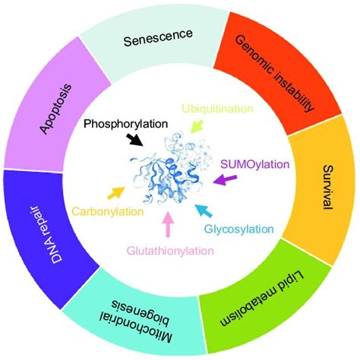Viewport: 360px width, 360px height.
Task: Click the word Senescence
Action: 158,38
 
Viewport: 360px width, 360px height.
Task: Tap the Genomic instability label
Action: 275,74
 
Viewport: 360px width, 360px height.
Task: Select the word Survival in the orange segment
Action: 328,187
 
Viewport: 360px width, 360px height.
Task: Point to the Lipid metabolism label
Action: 262,299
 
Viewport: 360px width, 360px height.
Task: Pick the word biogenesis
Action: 141,311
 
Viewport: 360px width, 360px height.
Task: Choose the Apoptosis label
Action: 56,109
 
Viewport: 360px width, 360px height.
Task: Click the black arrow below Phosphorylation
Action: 135,140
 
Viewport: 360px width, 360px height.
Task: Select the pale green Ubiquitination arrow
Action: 197,126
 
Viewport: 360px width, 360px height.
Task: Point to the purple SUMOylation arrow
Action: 225,179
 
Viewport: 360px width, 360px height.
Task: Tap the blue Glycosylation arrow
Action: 204,210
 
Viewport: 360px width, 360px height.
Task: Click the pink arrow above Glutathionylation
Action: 167,225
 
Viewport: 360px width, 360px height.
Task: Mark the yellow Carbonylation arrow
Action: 116,193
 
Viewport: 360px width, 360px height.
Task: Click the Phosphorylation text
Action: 126,124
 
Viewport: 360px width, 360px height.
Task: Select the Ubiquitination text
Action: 217,109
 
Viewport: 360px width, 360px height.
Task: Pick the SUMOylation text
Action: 254,165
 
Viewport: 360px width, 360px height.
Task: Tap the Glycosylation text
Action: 239,229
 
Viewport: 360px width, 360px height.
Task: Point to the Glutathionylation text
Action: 170,251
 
